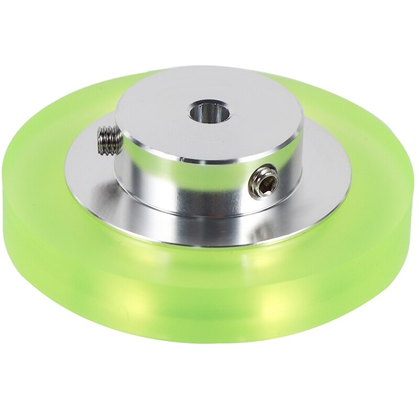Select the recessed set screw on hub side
[x=263, y=182]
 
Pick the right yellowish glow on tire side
[x=283, y=309]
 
